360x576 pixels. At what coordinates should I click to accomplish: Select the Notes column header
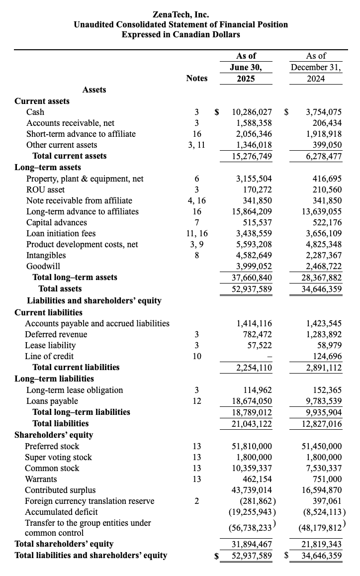[196, 78]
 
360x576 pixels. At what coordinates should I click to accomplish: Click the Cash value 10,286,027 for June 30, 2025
[252, 112]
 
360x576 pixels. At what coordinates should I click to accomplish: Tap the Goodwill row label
[43, 266]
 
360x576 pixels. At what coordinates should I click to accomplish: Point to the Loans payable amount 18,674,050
[252, 401]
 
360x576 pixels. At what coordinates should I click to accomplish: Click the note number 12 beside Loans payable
[196, 401]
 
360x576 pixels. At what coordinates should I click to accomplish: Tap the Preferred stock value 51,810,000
[252, 446]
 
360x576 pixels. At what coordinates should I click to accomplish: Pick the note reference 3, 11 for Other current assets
[196, 145]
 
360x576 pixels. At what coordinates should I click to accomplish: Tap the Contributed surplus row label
[61, 490]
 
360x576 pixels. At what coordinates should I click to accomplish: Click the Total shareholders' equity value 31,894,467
[252, 544]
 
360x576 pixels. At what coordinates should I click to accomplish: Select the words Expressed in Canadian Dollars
[180, 34]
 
